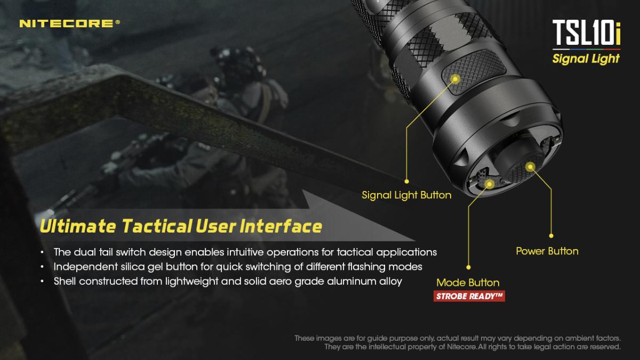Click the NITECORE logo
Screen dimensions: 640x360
[70, 23]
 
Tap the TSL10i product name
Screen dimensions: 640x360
[586, 33]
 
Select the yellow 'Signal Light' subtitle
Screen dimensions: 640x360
[586, 59]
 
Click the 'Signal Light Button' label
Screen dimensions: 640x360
[406, 195]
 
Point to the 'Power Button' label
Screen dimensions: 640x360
[547, 251]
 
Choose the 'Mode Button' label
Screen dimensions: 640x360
[468, 283]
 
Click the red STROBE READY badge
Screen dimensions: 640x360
[469, 297]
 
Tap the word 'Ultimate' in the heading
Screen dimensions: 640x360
[78, 226]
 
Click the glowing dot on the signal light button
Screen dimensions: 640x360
[455, 78]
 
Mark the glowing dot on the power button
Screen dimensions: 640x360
[530, 167]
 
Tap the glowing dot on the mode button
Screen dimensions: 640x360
[490, 184]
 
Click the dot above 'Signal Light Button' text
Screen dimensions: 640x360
[406, 181]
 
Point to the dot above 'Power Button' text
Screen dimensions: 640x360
[551, 236]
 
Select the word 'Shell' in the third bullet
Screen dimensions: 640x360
[65, 282]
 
